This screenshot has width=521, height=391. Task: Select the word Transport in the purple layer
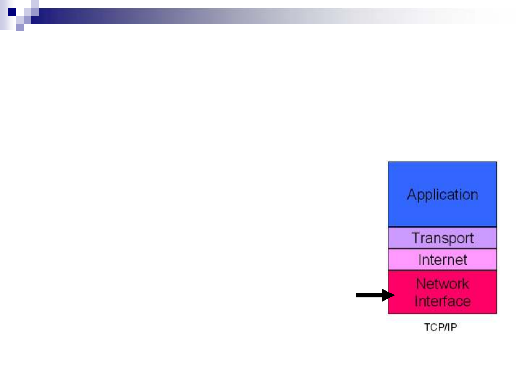coord(443,238)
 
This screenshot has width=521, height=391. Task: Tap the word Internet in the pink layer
coord(443,260)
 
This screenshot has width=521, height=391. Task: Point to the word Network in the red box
coord(443,284)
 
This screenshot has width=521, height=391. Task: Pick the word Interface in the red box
coord(443,301)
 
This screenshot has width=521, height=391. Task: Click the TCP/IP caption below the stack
coord(440,327)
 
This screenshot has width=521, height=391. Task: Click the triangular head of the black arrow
coord(388,295)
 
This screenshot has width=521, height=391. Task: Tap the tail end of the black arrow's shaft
coord(356,295)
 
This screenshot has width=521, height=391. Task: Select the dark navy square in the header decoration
coord(12,12)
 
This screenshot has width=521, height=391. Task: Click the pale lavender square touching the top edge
coord(35,4)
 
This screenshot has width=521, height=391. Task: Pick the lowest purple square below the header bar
coord(20,27)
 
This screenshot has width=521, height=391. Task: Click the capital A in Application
coord(412,194)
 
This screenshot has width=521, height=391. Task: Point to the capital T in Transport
coord(416,238)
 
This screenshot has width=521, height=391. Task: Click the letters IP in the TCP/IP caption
coord(452,327)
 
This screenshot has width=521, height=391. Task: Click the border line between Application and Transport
coord(443,227)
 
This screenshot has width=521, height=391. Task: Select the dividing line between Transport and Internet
coord(443,248)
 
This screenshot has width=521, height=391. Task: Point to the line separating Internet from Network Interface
coord(443,270)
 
